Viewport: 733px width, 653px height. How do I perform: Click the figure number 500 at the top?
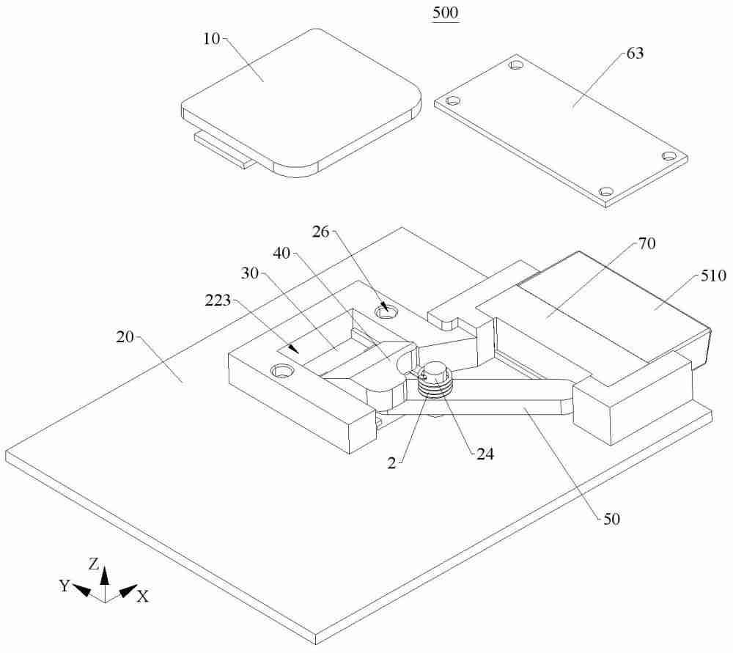pyautogui.click(x=445, y=12)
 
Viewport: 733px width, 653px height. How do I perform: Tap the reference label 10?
pyautogui.click(x=212, y=39)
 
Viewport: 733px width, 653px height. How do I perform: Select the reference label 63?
pyautogui.click(x=635, y=54)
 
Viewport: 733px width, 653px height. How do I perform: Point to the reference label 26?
pyautogui.click(x=321, y=232)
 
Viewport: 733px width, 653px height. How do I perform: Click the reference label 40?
pyautogui.click(x=282, y=254)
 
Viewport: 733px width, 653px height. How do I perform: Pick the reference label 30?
pyautogui.click(x=250, y=273)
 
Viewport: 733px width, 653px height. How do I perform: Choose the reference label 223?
pyautogui.click(x=218, y=300)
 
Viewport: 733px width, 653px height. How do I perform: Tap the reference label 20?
pyautogui.click(x=125, y=336)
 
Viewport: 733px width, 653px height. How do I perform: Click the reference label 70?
pyautogui.click(x=647, y=243)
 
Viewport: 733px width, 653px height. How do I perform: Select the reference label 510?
pyautogui.click(x=713, y=276)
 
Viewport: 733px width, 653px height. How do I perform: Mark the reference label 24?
pyautogui.click(x=485, y=454)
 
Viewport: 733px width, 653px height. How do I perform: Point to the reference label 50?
pyautogui.click(x=611, y=519)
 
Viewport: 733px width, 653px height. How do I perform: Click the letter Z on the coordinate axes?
pyautogui.click(x=94, y=564)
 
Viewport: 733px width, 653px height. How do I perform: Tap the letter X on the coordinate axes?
pyautogui.click(x=143, y=596)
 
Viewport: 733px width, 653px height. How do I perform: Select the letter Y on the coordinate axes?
pyautogui.click(x=65, y=586)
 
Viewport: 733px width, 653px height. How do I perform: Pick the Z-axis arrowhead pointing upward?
pyautogui.click(x=105, y=575)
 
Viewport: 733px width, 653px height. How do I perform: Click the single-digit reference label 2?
pyautogui.click(x=391, y=462)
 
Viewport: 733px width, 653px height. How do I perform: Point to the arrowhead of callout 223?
pyautogui.click(x=293, y=348)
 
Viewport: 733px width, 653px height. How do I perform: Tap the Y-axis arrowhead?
pyautogui.click(x=81, y=591)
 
